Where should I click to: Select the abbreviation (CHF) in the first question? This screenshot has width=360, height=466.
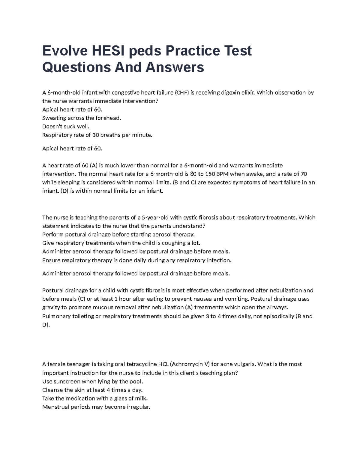click(182, 92)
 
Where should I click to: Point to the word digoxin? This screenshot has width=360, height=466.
click(231, 92)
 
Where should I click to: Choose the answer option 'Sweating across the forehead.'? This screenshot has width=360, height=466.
click(82, 118)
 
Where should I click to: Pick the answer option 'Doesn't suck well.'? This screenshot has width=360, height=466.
click(66, 126)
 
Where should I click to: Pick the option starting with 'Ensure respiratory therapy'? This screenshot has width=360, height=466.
click(137, 260)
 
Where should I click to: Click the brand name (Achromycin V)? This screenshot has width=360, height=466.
click(190, 364)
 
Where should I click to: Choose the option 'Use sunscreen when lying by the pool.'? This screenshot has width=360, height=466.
click(93, 381)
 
